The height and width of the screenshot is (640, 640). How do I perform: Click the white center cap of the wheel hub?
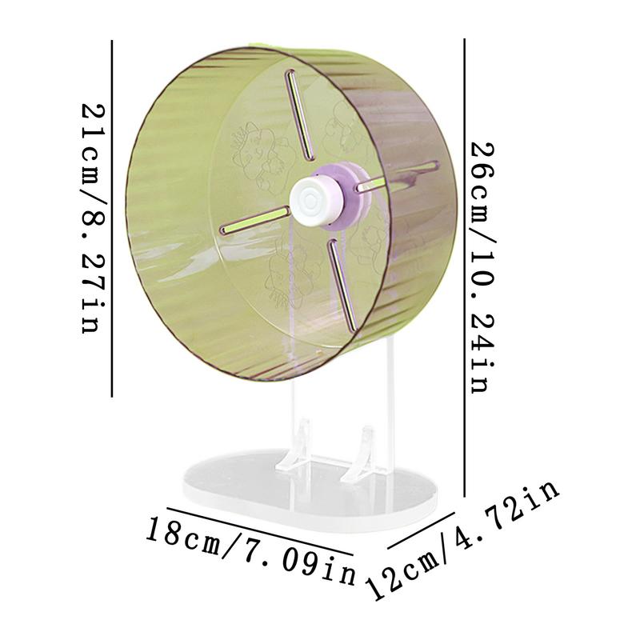(309, 194)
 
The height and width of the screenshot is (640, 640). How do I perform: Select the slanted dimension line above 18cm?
(260, 530)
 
